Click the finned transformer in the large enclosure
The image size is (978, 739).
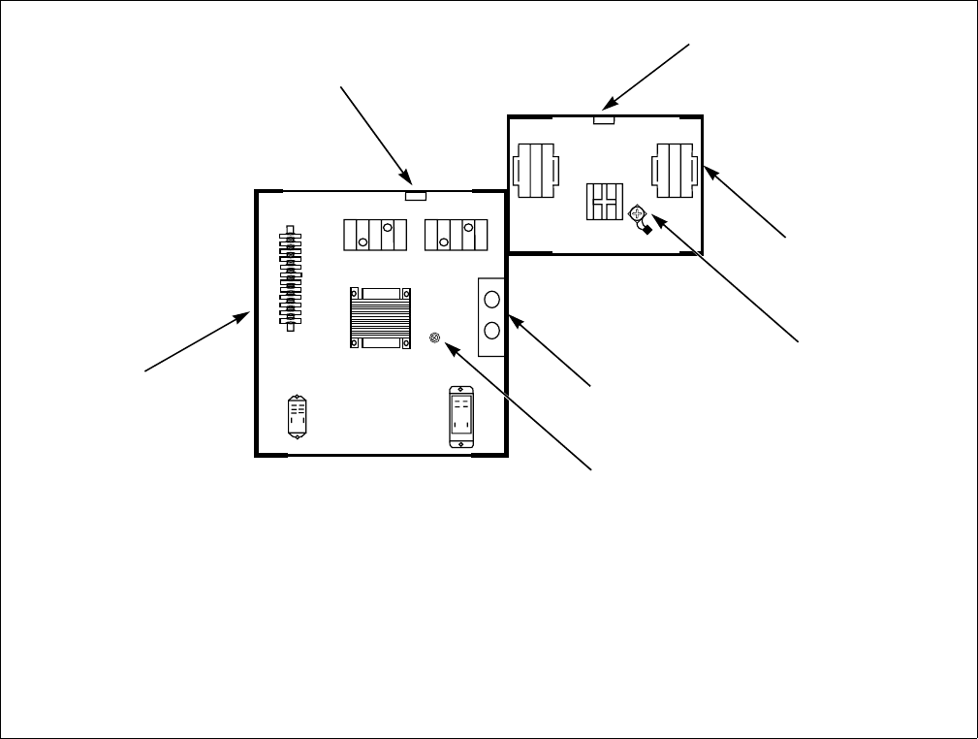pyautogui.click(x=380, y=316)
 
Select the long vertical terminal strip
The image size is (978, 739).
pyautogui.click(x=289, y=278)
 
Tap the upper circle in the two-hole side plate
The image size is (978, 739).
pyautogui.click(x=491, y=300)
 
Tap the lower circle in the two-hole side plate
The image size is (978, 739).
pyautogui.click(x=491, y=331)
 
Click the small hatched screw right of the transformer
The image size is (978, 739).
pyautogui.click(x=435, y=338)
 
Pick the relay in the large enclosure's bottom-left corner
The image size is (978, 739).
pyautogui.click(x=298, y=418)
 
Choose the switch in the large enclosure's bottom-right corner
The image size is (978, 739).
pyautogui.click(x=461, y=416)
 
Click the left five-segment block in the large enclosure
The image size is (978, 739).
pyautogui.click(x=374, y=235)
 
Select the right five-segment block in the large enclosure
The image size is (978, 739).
pyautogui.click(x=455, y=235)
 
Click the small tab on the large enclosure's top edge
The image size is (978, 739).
pyautogui.click(x=415, y=195)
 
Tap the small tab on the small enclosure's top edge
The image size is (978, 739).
pyautogui.click(x=604, y=119)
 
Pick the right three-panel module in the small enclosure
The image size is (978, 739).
pyautogui.click(x=676, y=169)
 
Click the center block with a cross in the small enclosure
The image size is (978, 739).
pyautogui.click(x=602, y=201)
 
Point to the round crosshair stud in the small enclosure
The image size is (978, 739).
pyautogui.click(x=637, y=212)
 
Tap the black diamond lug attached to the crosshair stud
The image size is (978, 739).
pyautogui.click(x=646, y=230)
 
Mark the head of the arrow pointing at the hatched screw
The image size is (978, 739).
pyautogui.click(x=446, y=346)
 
